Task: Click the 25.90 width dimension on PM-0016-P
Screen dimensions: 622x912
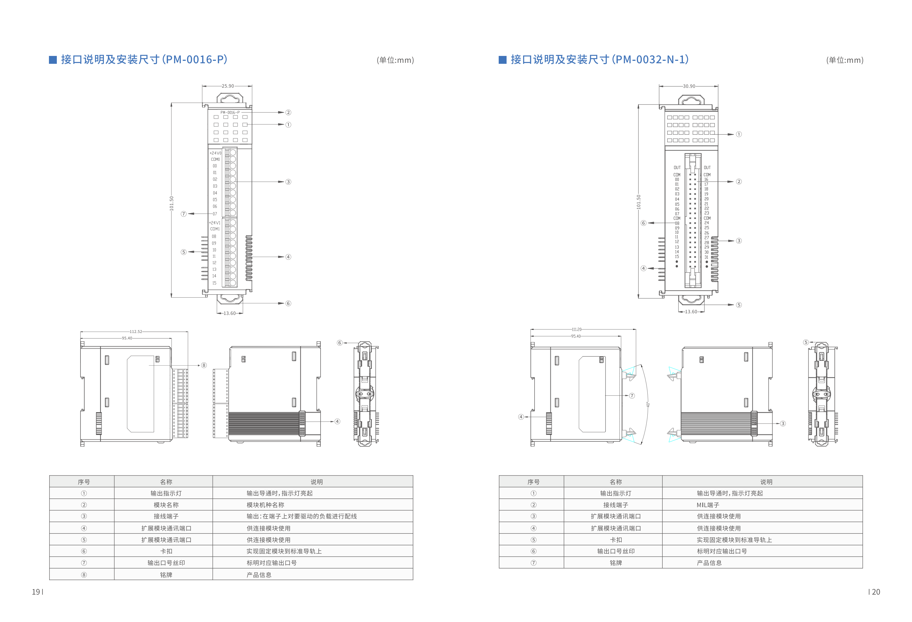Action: pyautogui.click(x=228, y=86)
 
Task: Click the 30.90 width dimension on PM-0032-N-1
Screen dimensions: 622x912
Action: pyautogui.click(x=689, y=86)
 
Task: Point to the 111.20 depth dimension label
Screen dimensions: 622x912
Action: pyautogui.click(x=576, y=330)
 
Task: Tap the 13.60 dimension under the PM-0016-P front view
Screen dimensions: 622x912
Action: pyautogui.click(x=229, y=313)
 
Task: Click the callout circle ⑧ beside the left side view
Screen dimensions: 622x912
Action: pyautogui.click(x=204, y=365)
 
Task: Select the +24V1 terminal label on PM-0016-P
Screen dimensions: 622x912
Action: pyautogui.click(x=215, y=223)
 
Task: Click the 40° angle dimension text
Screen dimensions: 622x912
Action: pyautogui.click(x=648, y=405)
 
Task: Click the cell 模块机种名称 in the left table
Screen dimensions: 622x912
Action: pyautogui.click(x=265, y=505)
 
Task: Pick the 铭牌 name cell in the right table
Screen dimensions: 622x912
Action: pyautogui.click(x=615, y=563)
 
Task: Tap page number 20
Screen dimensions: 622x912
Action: pyautogui.click(x=876, y=592)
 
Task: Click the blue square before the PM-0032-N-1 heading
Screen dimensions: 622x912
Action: pyautogui.click(x=502, y=59)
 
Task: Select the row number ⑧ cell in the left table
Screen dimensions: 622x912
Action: pyautogui.click(x=83, y=574)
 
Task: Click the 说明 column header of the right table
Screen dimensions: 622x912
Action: pyautogui.click(x=766, y=482)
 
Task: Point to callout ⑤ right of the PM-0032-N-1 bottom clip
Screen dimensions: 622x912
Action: pyautogui.click(x=739, y=305)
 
